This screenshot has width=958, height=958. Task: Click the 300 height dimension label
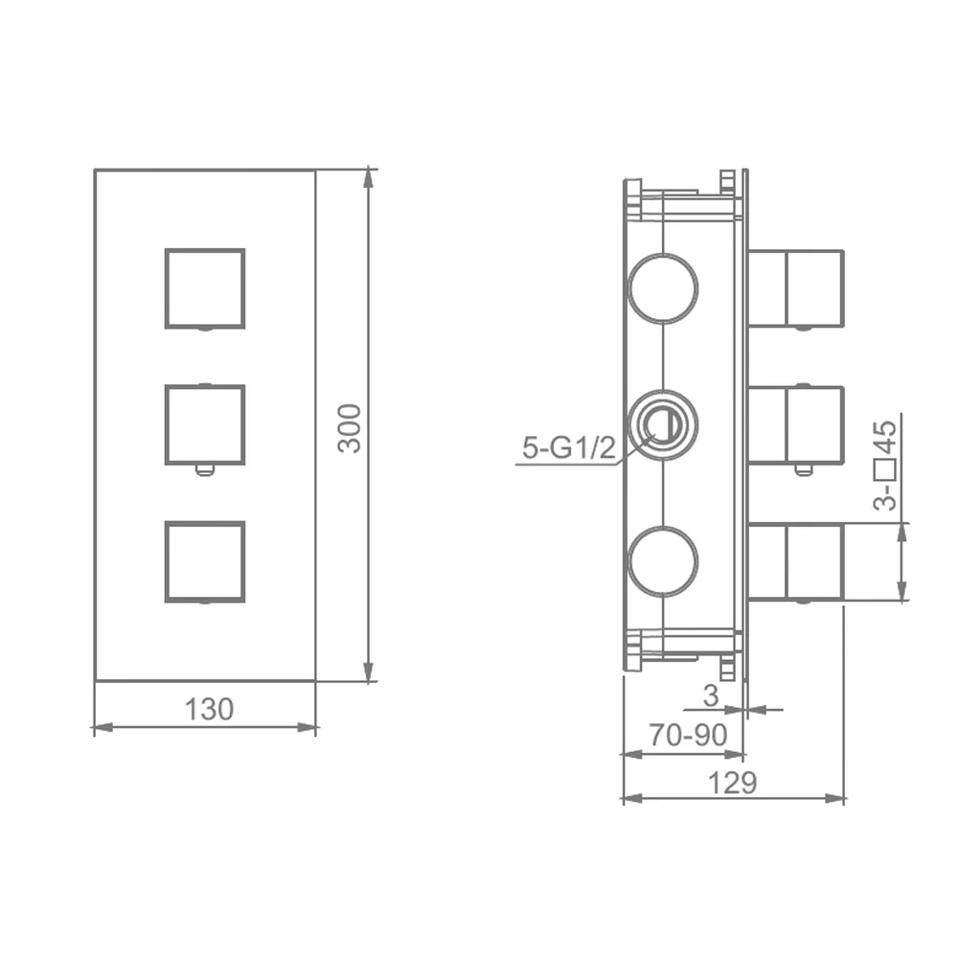[x=350, y=427]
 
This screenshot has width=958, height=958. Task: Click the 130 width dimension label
[x=209, y=709]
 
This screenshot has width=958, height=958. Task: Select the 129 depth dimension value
[x=732, y=783]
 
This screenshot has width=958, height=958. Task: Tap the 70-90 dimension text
[x=688, y=735]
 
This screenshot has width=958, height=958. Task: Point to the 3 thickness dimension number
[x=711, y=696]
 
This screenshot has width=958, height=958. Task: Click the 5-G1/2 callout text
[x=569, y=447]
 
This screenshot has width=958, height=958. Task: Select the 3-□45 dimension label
[x=885, y=465]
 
